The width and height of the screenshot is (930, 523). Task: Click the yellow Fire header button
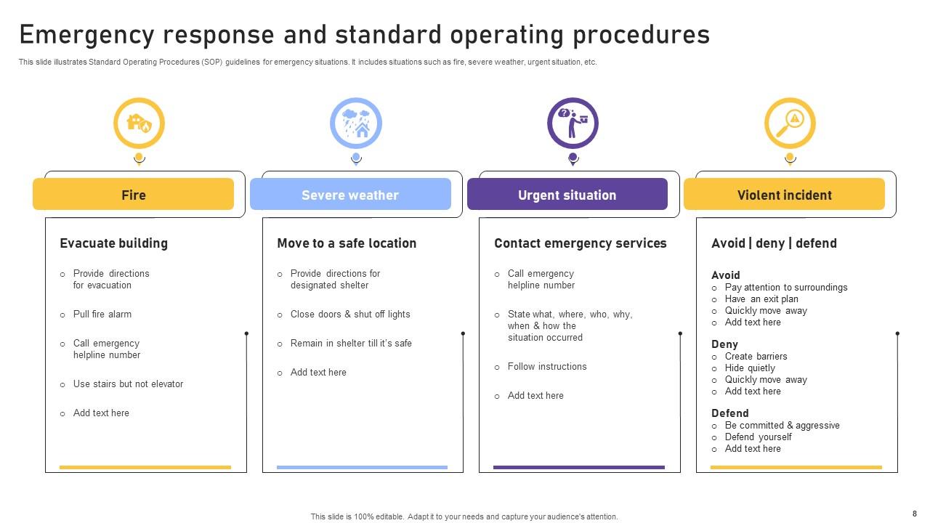pos(133,195)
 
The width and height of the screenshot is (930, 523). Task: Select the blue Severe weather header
pos(350,195)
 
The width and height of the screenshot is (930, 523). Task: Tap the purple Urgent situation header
pos(567,195)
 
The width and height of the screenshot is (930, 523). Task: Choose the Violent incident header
pos(784,195)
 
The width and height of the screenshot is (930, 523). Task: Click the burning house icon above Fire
pos(139,123)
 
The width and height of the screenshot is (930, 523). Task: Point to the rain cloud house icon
pos(356,123)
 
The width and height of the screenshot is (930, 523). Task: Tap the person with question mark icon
pos(573,123)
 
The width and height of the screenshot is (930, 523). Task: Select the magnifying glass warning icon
pos(790,123)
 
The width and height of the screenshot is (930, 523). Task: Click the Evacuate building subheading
pos(113,243)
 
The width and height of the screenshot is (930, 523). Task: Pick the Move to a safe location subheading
pos(347,243)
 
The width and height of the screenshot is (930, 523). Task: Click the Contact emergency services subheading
pos(580,243)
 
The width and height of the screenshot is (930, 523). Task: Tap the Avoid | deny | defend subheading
pos(774,243)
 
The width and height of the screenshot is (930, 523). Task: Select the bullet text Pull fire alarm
pos(102,315)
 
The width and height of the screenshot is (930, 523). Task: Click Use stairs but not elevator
pos(128,384)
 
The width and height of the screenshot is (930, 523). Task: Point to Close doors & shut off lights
pos(350,315)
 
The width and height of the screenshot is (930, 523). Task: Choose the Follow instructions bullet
pos(547,367)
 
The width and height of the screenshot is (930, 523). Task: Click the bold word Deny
pos(724,344)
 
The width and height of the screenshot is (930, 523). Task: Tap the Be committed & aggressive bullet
pos(782,426)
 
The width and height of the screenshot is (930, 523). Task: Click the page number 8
pos(914,514)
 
